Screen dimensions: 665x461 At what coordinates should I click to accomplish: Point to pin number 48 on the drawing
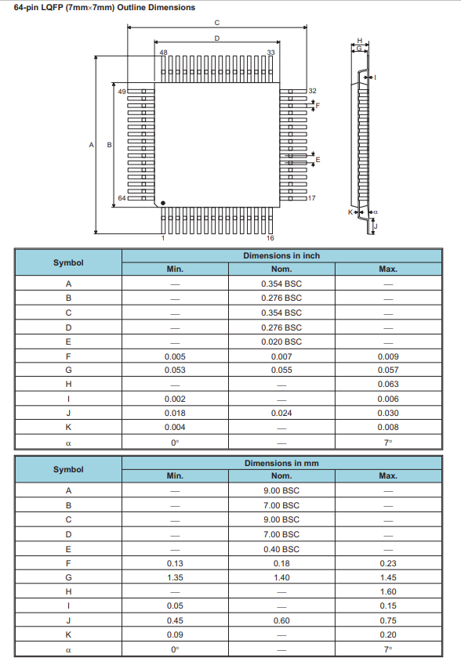click(x=163, y=52)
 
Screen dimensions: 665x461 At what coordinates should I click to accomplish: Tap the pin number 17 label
click(x=312, y=197)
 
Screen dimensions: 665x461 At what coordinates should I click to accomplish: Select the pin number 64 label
click(x=122, y=197)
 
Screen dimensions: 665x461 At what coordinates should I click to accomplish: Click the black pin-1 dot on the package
click(x=163, y=204)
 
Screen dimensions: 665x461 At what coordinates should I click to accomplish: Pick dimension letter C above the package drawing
click(x=216, y=22)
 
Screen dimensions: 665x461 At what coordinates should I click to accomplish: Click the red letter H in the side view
click(x=360, y=41)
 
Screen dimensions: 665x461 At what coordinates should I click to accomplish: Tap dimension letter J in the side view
click(x=376, y=226)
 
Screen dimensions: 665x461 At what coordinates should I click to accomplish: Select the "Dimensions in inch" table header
click(x=281, y=255)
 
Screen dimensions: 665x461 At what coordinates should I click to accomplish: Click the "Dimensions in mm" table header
click(x=281, y=463)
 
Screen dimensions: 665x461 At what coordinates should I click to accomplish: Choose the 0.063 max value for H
click(x=387, y=384)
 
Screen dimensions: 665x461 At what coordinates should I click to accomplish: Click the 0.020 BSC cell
click(x=281, y=342)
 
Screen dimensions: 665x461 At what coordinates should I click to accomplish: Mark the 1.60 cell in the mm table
click(x=387, y=592)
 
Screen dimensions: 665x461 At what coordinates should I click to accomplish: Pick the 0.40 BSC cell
click(x=281, y=549)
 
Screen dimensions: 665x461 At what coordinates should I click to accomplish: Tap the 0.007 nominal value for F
click(x=281, y=356)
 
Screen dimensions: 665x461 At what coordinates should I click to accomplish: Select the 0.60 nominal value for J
click(x=281, y=620)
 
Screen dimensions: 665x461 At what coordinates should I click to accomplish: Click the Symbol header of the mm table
click(x=68, y=469)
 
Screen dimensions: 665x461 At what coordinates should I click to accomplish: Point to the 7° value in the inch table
click(x=387, y=442)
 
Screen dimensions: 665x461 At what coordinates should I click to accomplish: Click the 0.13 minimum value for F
click(x=175, y=563)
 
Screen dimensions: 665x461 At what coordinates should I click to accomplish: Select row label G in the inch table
click(x=68, y=370)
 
